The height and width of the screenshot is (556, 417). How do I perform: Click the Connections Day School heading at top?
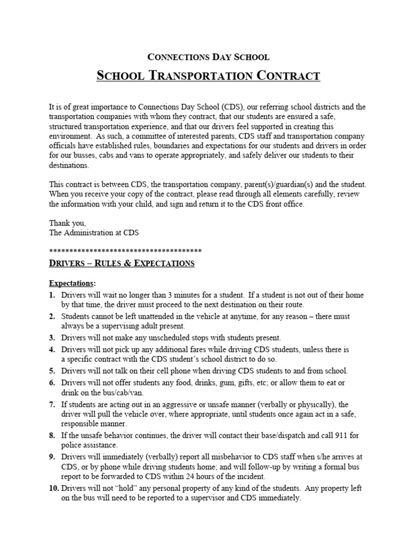[208, 56]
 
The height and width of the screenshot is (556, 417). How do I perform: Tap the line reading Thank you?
[67, 223]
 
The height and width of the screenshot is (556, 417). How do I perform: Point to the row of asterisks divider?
[125, 250]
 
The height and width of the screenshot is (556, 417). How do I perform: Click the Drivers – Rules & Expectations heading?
[122, 263]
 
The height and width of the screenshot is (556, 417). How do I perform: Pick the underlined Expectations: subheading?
[72, 283]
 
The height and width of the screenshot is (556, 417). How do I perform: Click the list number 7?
[52, 405]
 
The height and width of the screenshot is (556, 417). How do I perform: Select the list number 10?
[54, 489]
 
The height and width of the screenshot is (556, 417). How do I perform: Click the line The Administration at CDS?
[94, 232]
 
